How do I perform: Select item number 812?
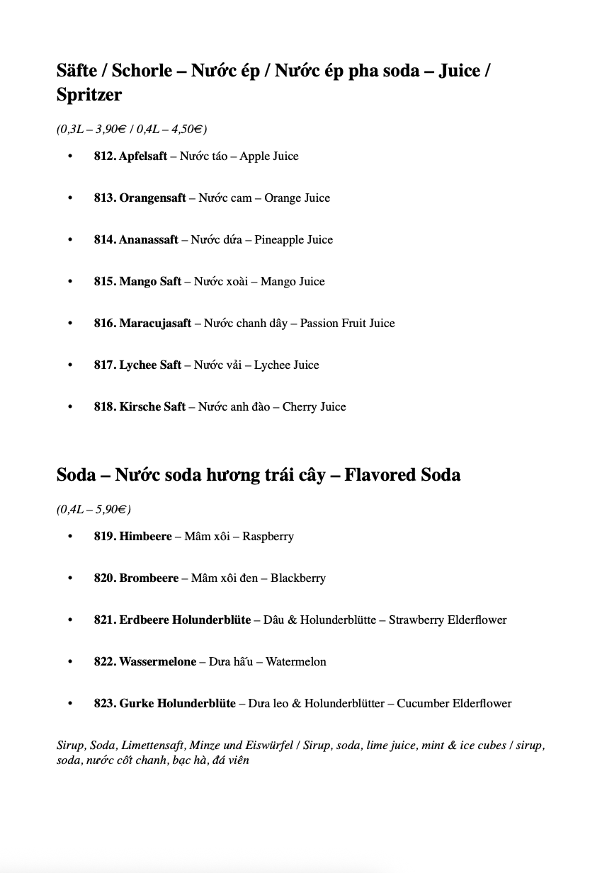[104, 156]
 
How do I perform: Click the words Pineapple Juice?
[293, 240]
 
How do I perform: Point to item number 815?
[104, 282]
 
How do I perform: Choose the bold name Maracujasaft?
[155, 324]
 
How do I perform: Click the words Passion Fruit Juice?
[347, 324]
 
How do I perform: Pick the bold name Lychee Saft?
[150, 365]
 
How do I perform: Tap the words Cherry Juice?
[314, 407]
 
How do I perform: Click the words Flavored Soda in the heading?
[402, 474]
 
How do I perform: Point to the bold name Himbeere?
[145, 537]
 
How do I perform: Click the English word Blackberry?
[297, 578]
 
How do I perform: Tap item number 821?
[104, 620]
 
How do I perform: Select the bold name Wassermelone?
[157, 662]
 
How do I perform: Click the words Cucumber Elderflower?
[453, 704]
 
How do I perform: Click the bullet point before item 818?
[70, 407]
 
